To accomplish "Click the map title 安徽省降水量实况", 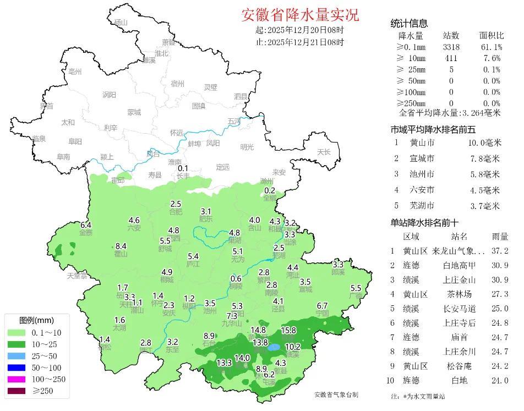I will (x=300, y=14).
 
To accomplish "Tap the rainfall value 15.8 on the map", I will (x=288, y=331).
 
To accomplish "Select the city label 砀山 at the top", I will (x=121, y=23).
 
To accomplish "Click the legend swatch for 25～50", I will (x=22, y=356).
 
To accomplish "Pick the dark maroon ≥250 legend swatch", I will (x=22, y=392).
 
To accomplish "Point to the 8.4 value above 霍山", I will (x=121, y=246).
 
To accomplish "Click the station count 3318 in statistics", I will (x=451, y=47).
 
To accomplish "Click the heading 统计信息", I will (x=409, y=24).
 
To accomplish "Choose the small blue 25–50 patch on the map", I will (x=273, y=348).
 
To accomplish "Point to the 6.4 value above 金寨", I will (x=86, y=225).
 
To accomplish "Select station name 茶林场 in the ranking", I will (x=459, y=294).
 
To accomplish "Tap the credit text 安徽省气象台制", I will (x=336, y=394).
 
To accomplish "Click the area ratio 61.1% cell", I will (x=492, y=47).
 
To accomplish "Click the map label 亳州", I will (x=72, y=72).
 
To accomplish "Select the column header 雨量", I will (x=500, y=237).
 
